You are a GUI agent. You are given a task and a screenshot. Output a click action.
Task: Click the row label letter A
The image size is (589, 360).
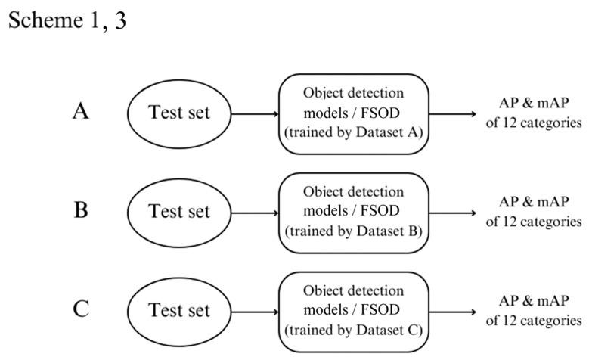(x=82, y=113)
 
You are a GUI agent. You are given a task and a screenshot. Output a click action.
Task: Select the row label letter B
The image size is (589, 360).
(x=82, y=210)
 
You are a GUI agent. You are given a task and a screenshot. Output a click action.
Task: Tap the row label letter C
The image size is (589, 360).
(x=82, y=309)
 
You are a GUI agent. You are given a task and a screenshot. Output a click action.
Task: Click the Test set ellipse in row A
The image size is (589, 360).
(x=179, y=114)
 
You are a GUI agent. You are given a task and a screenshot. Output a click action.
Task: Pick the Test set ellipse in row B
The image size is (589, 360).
(x=179, y=212)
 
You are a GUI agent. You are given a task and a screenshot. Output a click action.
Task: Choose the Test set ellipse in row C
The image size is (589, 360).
(x=179, y=311)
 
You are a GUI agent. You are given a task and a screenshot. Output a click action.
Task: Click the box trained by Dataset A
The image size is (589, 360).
(x=354, y=114)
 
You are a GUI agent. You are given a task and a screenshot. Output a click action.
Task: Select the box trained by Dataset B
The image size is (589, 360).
(x=354, y=212)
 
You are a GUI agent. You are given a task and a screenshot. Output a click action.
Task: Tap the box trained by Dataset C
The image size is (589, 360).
(x=354, y=311)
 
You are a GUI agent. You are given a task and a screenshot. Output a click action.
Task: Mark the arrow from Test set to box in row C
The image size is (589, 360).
(x=256, y=311)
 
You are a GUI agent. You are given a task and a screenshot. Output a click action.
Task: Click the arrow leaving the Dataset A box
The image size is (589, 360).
(x=453, y=114)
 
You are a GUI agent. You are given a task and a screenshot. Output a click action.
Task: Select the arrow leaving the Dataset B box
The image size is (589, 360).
(x=453, y=212)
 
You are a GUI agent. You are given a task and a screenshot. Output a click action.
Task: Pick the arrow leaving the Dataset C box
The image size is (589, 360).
(x=453, y=311)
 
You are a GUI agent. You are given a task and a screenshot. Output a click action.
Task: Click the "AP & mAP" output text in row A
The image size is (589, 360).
(x=534, y=105)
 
